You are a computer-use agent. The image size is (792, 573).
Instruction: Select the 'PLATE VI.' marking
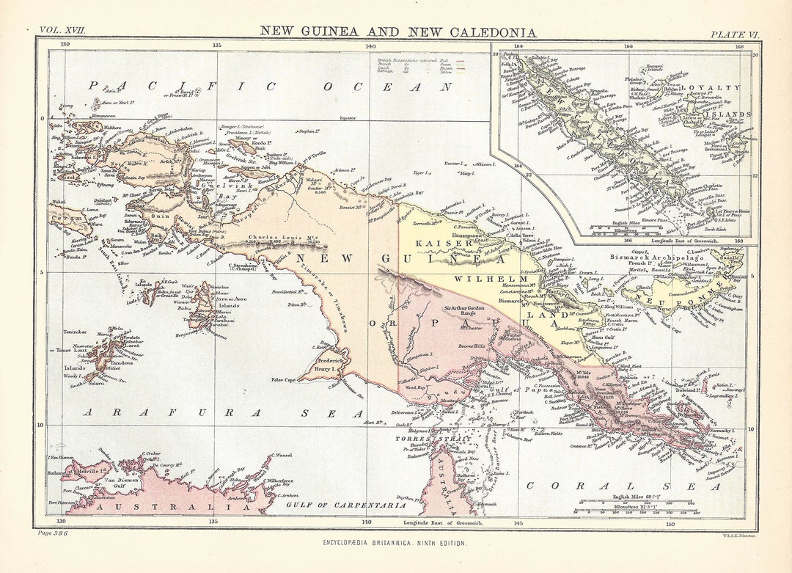[733, 34]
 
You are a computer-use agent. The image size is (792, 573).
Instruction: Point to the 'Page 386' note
[53, 533]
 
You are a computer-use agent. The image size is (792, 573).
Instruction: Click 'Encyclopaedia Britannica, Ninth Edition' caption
[395, 542]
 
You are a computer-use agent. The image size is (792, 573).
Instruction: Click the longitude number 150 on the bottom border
[670, 523]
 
